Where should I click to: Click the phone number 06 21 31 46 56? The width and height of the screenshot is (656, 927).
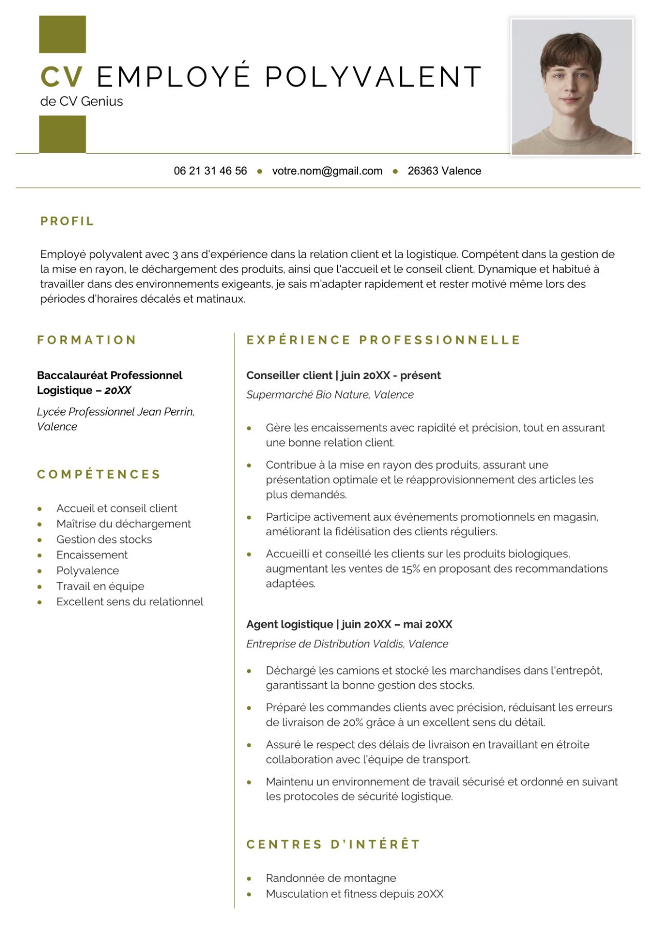point(210,171)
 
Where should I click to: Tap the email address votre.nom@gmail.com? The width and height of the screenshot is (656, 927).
point(327,171)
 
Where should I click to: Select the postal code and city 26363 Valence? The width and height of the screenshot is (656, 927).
point(444,171)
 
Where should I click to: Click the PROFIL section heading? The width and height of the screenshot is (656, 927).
point(67,221)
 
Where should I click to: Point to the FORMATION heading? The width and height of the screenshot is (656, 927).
point(87,340)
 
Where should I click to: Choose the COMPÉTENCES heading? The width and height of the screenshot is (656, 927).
point(99,474)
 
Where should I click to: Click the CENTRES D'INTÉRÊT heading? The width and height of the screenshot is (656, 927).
point(333,844)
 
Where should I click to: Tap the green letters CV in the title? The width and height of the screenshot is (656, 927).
point(61,77)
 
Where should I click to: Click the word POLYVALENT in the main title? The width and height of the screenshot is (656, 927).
point(373,77)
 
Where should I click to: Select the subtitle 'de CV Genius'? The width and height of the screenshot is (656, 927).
point(81,101)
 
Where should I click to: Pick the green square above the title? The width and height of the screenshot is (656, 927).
point(63,34)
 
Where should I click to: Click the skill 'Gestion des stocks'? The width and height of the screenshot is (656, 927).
point(104,539)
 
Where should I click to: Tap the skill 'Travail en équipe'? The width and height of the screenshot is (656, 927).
point(100,586)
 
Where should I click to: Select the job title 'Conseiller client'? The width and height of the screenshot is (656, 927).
point(289,375)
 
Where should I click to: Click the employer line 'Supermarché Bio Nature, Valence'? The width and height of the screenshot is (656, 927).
point(330,395)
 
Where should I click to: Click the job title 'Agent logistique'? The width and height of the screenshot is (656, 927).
point(290,624)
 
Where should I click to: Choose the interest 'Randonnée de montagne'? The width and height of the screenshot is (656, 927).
point(331,878)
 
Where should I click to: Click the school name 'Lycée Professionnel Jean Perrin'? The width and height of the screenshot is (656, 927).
point(114,412)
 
